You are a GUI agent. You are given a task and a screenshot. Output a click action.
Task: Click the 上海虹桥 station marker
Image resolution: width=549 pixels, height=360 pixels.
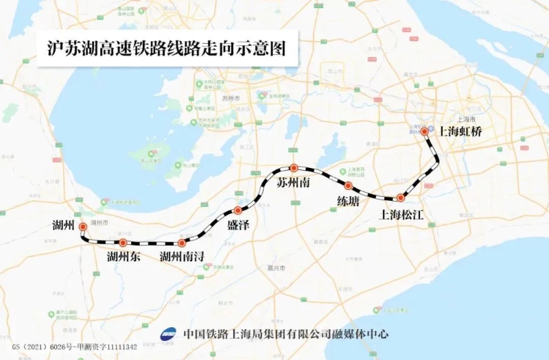click(425, 131)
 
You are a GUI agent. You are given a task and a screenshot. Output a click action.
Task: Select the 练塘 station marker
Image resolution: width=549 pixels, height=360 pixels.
click(348, 186)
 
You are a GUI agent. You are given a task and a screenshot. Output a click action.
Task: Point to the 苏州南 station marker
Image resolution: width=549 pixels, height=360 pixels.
click(293, 167)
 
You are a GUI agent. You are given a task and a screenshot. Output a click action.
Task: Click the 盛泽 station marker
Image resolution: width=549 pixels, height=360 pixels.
click(238, 211)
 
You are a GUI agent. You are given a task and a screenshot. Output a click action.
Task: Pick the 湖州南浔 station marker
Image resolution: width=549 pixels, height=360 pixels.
click(181, 243)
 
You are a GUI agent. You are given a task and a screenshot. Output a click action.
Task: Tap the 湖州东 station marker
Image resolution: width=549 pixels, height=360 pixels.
click(123, 243)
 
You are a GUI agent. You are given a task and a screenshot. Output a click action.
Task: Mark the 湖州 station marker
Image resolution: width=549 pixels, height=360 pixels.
click(83, 226)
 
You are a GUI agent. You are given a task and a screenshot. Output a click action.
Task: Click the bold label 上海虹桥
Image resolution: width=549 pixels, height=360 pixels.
click(460, 132)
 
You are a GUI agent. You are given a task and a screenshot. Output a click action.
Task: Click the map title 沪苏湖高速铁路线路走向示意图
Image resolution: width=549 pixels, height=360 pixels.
click(165, 49)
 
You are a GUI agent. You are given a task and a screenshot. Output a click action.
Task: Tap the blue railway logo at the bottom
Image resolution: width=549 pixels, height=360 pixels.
click(168, 334)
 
